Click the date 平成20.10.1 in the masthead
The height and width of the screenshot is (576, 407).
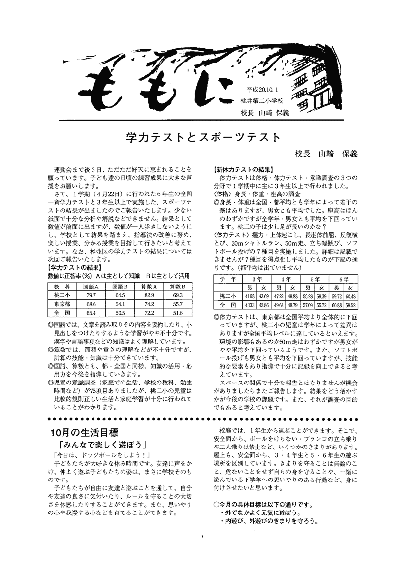click(264, 92)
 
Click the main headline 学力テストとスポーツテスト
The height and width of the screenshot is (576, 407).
click(203, 136)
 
